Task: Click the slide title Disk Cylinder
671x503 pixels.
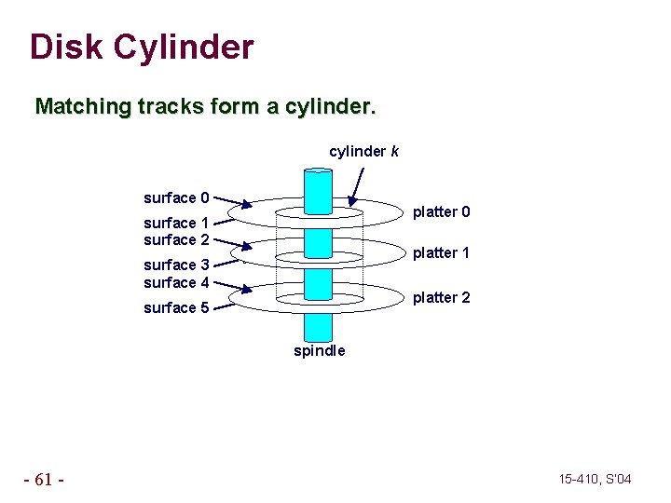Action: [x=142, y=47]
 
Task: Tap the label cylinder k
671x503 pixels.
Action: [x=363, y=151]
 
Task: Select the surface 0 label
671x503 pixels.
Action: [x=176, y=197]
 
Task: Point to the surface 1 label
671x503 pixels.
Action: [x=176, y=223]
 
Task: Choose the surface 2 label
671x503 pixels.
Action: [x=176, y=239]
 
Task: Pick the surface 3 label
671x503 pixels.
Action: [x=176, y=265]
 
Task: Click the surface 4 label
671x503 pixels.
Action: [x=176, y=282]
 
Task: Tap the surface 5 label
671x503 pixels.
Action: [x=176, y=307]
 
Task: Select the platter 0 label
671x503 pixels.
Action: [x=441, y=212]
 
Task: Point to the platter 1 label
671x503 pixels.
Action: [x=441, y=252]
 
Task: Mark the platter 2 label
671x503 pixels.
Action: [x=441, y=297]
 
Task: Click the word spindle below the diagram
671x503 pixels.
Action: [x=319, y=351]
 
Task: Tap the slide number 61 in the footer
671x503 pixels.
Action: [x=44, y=480]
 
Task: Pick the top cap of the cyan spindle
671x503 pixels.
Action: [x=318, y=171]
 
